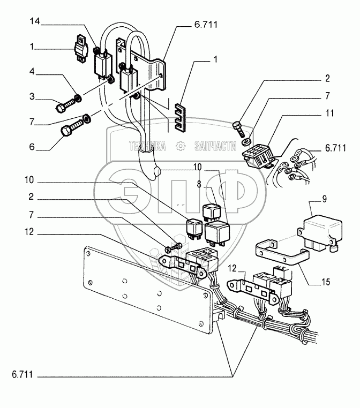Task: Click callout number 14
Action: pos(35,21)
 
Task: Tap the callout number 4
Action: pos(32,71)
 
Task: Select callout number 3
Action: pos(32,96)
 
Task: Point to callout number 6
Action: pos(32,147)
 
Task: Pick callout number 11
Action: pos(329,113)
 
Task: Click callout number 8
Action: pos(199,184)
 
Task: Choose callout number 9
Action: pos(324,199)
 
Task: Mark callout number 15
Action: pos(326,282)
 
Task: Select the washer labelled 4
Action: pos(78,99)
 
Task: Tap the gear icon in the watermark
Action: pos(180,146)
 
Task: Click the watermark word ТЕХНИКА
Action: pos(147,146)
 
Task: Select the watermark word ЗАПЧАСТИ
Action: pos(215,146)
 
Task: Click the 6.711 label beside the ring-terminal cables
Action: pos(335,148)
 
